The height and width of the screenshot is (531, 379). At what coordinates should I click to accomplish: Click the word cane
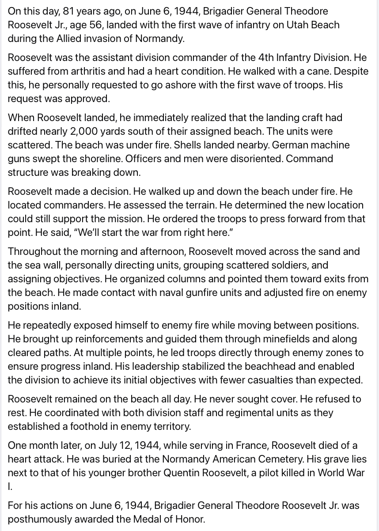coord(322,72)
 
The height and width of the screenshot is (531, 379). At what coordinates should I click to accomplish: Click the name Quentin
coord(182,473)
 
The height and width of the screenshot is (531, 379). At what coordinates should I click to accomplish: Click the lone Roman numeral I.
coord(10,486)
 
